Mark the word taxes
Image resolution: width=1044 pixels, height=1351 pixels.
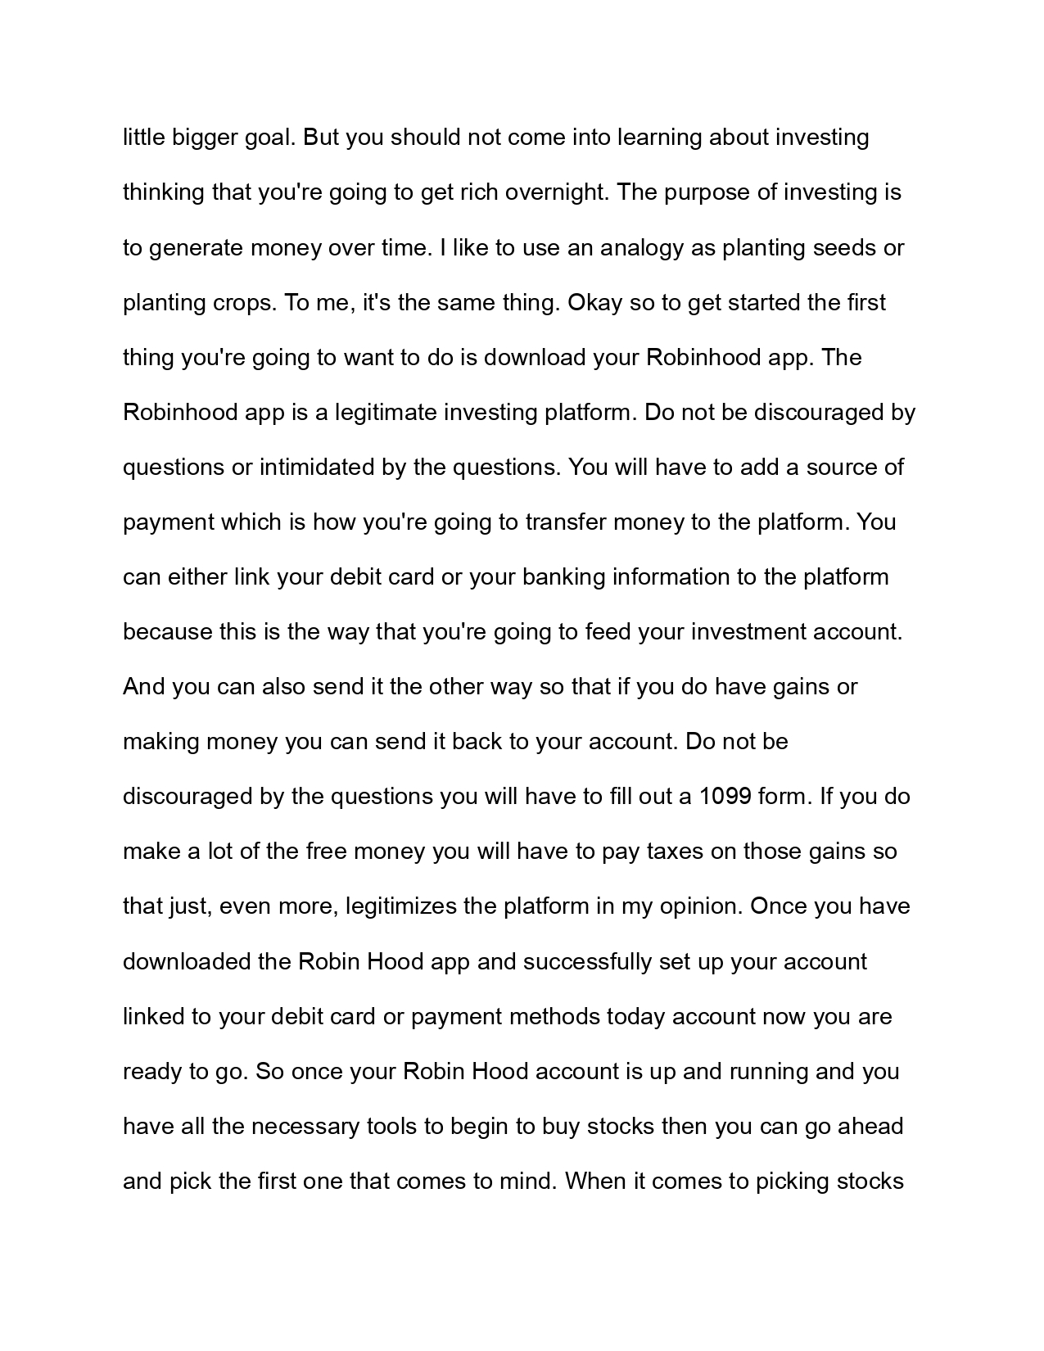[x=675, y=851]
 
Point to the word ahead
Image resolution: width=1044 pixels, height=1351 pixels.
[x=867, y=1126]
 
